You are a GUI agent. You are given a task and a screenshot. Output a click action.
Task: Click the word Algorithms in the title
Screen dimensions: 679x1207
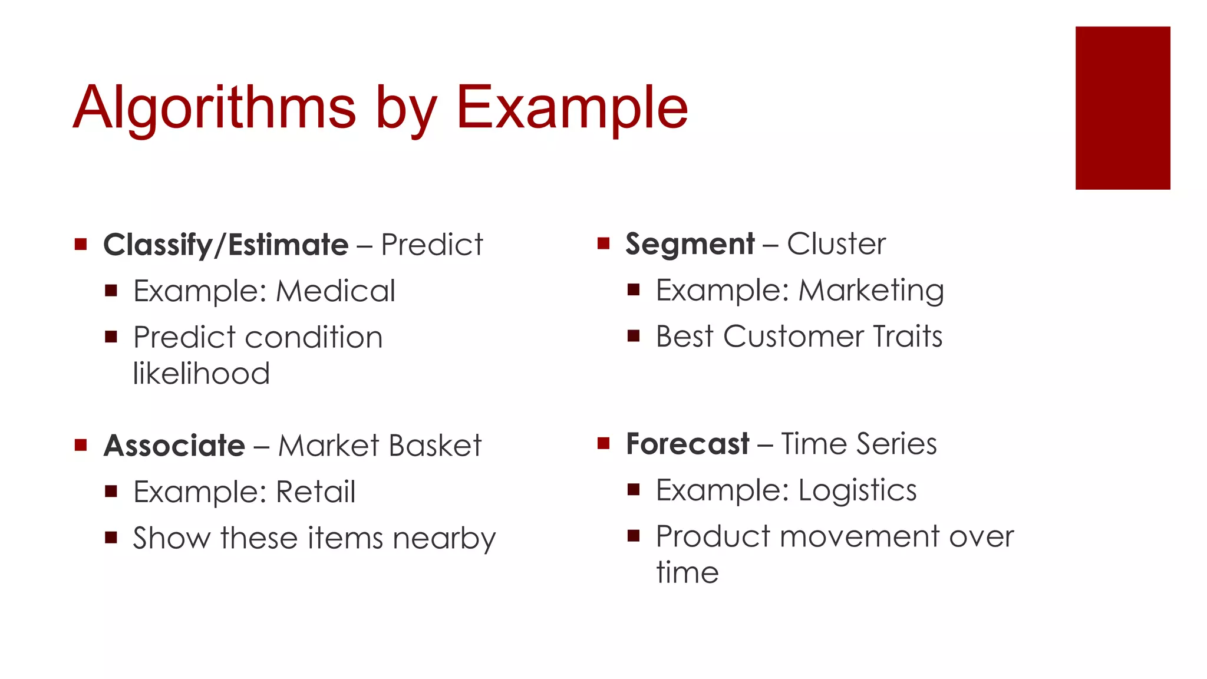click(x=215, y=107)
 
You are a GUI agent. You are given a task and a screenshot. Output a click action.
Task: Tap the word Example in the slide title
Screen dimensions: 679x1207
click(x=572, y=107)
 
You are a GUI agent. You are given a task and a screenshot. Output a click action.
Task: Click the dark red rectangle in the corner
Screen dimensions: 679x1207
click(x=1122, y=108)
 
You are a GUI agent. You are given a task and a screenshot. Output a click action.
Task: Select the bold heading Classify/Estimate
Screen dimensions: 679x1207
click(x=226, y=245)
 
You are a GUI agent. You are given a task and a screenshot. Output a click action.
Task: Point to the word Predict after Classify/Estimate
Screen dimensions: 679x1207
click(x=432, y=245)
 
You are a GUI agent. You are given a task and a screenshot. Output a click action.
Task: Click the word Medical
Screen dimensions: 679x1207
click(x=335, y=291)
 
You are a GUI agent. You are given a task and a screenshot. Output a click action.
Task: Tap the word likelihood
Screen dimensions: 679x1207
click(x=201, y=373)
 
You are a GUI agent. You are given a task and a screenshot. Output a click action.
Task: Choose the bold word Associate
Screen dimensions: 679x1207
click(x=174, y=446)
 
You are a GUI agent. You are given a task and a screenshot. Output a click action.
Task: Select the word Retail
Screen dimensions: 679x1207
click(x=315, y=492)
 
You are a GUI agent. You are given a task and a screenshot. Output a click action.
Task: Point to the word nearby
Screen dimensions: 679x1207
click(x=444, y=539)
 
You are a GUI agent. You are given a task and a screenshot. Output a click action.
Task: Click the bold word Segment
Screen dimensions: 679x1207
click(x=690, y=244)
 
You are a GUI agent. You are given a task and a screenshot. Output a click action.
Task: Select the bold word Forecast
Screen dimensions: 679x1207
click(x=687, y=444)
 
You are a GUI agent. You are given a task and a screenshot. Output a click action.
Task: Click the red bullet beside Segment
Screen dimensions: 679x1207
click(x=603, y=243)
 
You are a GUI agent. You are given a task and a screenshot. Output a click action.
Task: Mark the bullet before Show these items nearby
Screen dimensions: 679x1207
click(x=111, y=537)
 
